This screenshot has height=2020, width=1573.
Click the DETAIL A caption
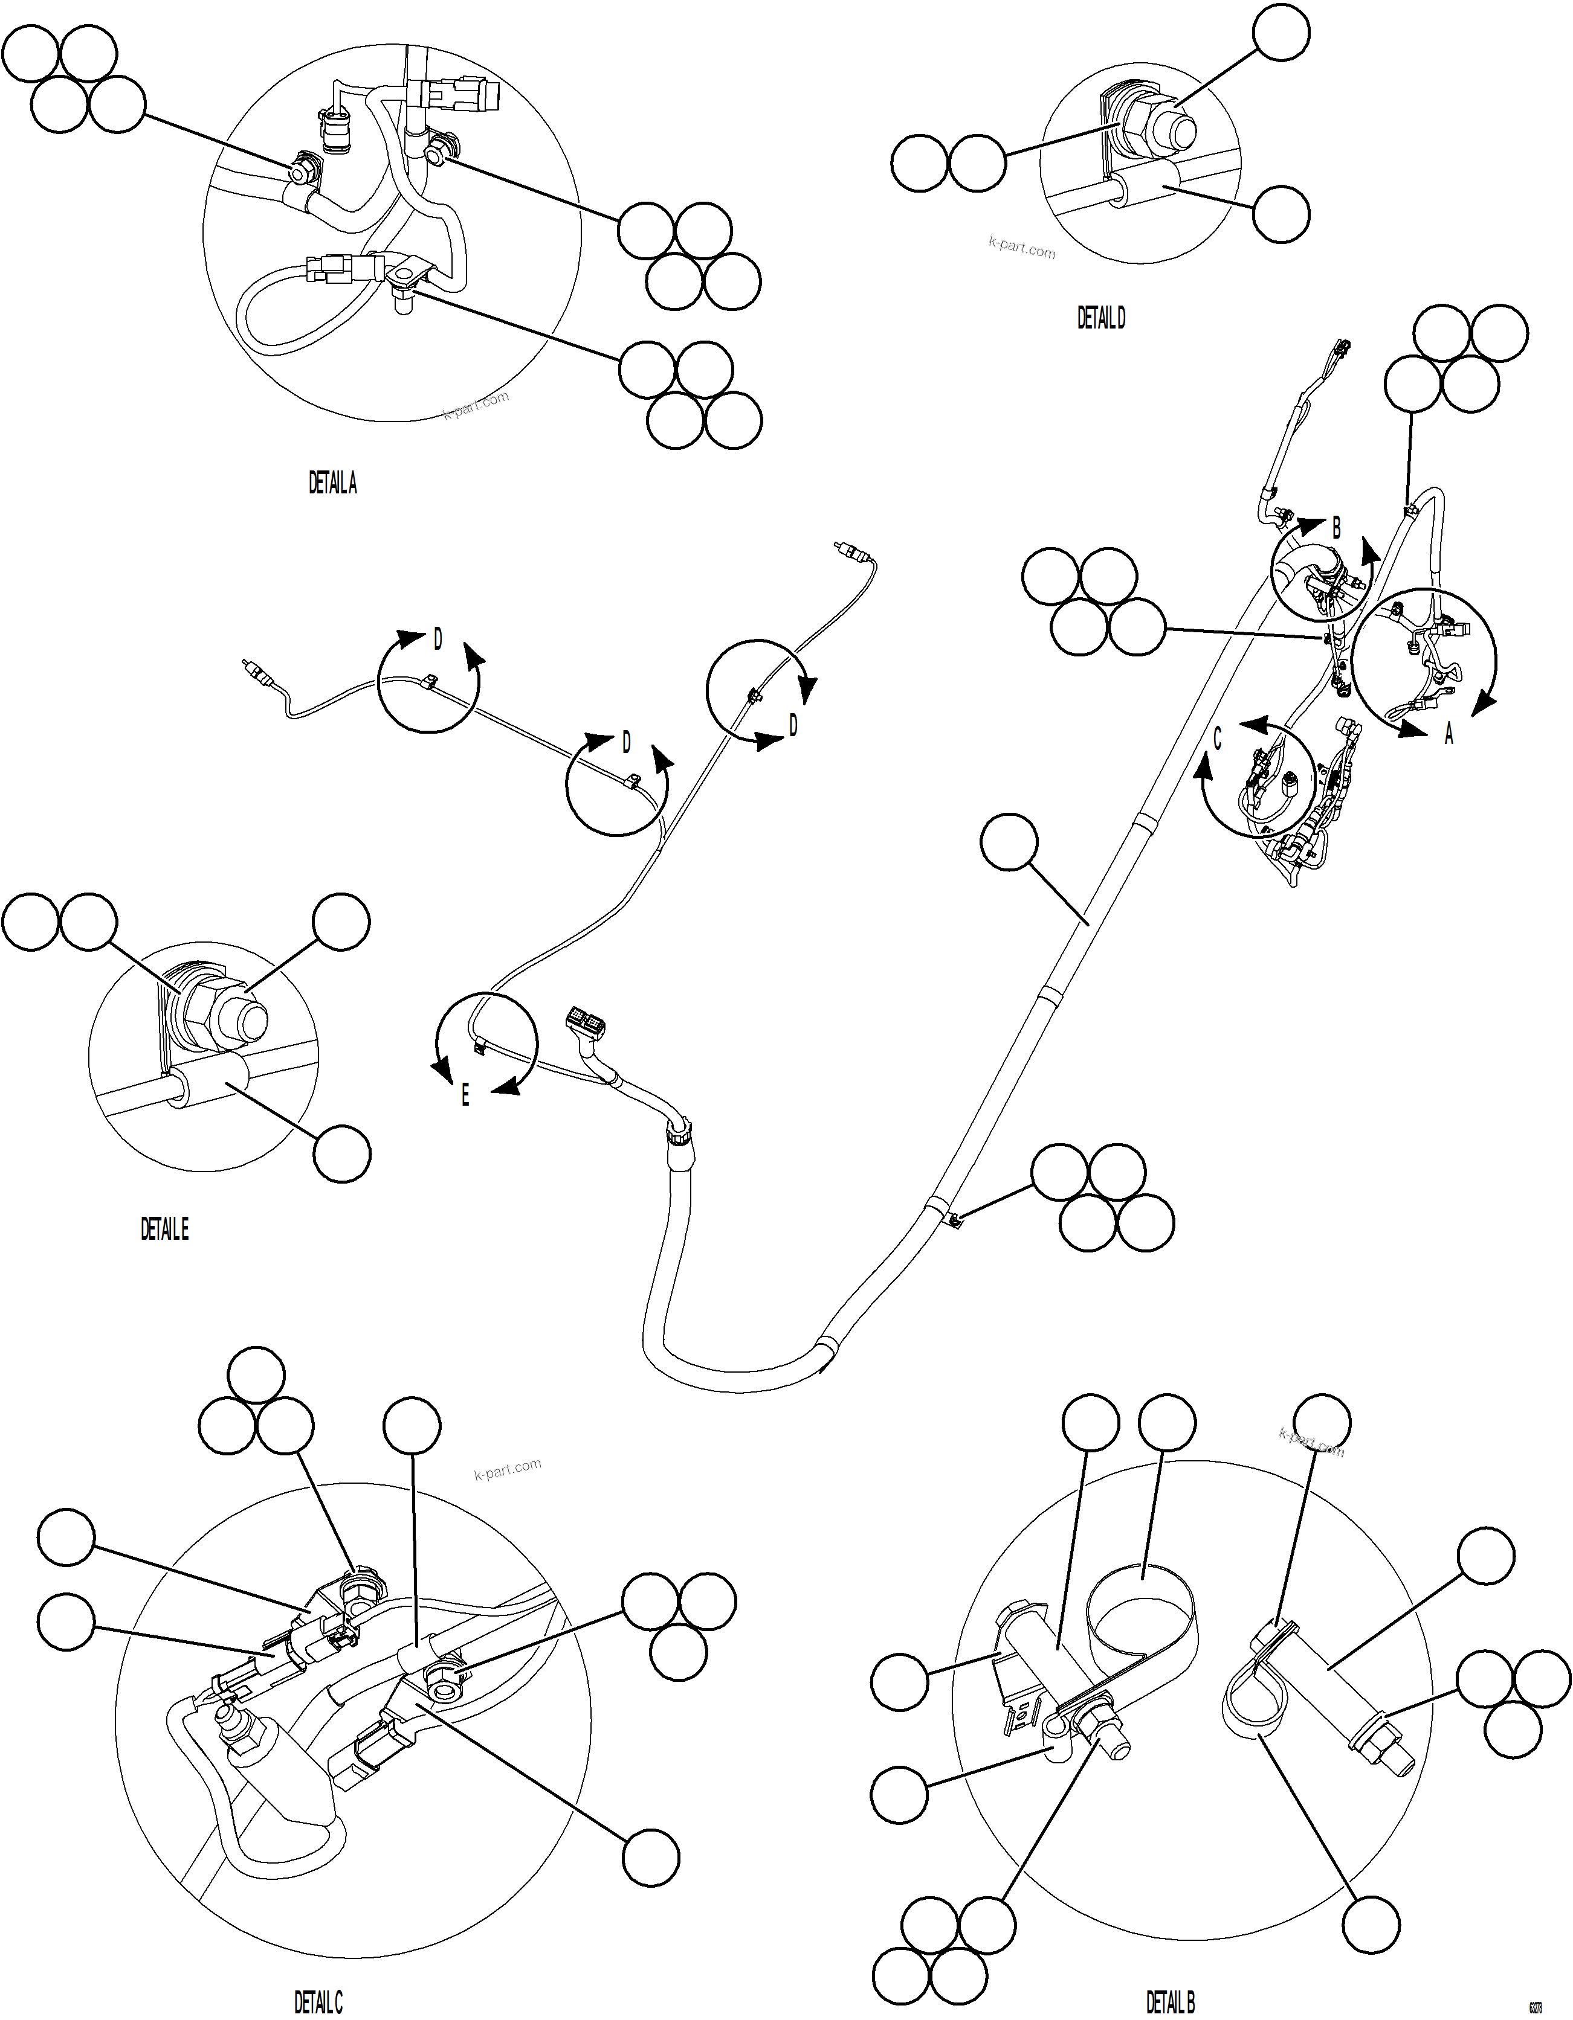pyautogui.click(x=332, y=483)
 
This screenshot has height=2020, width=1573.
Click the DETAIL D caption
pyautogui.click(x=1101, y=318)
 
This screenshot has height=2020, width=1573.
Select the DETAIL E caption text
pyautogui.click(x=165, y=1229)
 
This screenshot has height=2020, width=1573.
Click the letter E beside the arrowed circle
pyautogui.click(x=465, y=1096)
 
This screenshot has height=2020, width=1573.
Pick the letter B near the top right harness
pyautogui.click(x=1336, y=529)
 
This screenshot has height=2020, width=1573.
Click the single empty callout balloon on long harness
pyautogui.click(x=1010, y=842)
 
